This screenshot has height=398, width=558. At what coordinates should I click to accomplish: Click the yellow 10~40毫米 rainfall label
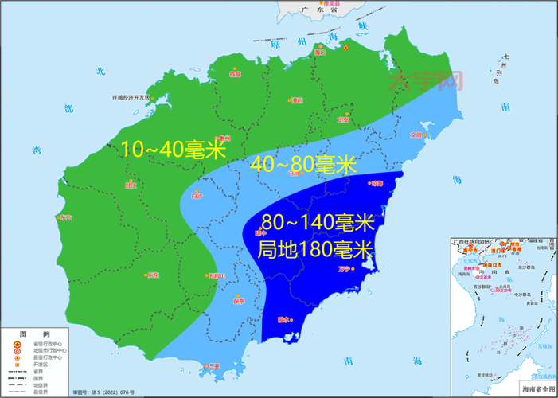(173, 148)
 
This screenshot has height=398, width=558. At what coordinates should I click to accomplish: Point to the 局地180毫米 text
(316, 249)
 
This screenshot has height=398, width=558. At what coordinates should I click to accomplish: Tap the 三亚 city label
(211, 365)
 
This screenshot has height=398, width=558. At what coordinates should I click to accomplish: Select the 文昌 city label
(416, 135)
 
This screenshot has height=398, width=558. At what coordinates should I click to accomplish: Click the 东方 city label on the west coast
(65, 217)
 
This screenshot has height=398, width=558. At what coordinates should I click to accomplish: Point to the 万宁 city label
(345, 270)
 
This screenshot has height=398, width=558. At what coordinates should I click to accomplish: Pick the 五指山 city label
(217, 276)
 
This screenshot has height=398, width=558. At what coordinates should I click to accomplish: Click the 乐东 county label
(153, 275)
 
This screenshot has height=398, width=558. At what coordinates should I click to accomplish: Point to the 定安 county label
(342, 119)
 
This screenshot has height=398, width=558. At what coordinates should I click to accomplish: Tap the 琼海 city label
(377, 183)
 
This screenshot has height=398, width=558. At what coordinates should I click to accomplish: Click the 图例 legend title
(23, 332)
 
